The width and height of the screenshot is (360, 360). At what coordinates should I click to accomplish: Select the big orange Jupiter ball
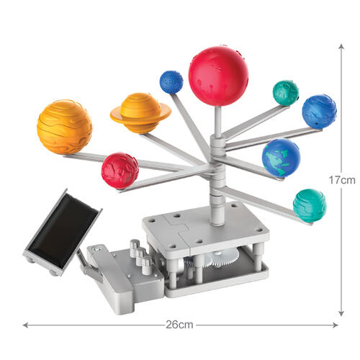pos(64,127)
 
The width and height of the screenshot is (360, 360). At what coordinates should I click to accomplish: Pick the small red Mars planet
pos(120,171)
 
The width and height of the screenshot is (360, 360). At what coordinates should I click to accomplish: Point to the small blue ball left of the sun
pos(171,82)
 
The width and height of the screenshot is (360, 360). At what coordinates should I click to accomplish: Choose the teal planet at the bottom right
pos(309,204)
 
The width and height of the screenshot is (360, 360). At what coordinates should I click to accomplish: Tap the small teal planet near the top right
pos(285,93)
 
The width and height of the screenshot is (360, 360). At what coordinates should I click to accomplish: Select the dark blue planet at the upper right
pos(319,111)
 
